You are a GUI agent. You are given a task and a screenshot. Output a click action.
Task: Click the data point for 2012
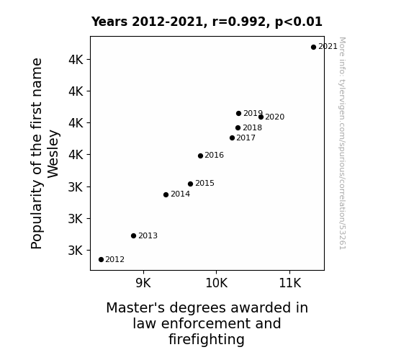click(x=101, y=260)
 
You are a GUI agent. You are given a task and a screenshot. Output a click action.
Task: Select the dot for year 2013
click(x=134, y=236)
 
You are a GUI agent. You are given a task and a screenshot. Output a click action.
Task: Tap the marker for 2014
click(x=166, y=194)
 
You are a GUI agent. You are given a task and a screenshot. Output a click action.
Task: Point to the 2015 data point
click(x=190, y=184)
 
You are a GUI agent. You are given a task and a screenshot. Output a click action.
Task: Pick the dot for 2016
click(x=200, y=156)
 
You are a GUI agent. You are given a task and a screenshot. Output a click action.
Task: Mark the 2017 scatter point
click(x=232, y=138)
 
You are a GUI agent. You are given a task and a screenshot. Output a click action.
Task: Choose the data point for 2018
click(x=238, y=128)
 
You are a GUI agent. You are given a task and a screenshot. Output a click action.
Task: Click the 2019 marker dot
click(x=239, y=113)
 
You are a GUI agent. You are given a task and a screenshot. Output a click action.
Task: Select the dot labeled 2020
click(x=261, y=117)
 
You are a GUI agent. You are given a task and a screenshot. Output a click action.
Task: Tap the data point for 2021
click(x=313, y=48)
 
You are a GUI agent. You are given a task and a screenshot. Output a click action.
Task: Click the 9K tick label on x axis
click(x=143, y=283)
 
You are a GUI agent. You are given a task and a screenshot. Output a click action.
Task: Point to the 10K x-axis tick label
click(x=217, y=283)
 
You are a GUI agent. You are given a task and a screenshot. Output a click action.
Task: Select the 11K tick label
click(x=290, y=283)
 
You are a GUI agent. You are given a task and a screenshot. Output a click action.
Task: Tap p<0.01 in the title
click(x=299, y=22)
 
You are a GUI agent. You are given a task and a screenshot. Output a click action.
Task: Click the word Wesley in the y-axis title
click(x=53, y=154)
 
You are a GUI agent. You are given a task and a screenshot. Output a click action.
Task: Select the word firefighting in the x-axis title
click(x=207, y=340)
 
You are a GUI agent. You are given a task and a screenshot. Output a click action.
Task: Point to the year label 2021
click(x=328, y=47)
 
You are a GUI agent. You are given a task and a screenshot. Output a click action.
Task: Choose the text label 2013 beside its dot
click(x=148, y=235)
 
